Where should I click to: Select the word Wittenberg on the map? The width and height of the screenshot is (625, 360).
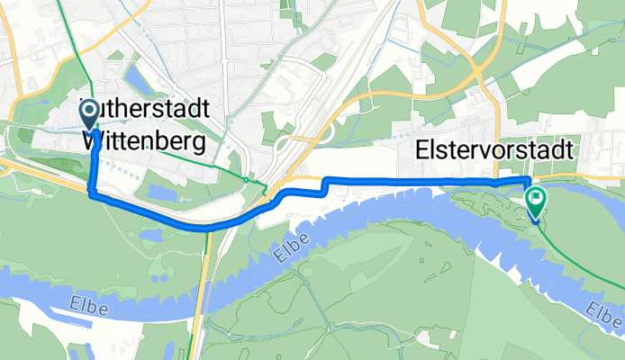143,141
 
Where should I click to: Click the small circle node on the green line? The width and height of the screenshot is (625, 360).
246,180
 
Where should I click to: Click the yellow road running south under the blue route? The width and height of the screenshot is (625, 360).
206,288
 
